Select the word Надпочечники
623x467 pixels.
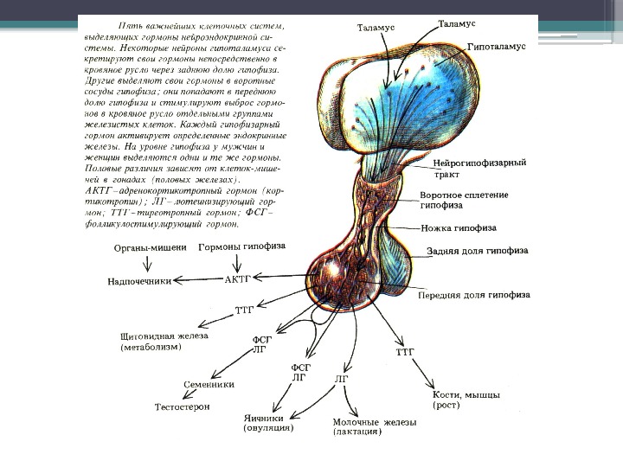pos(138,280)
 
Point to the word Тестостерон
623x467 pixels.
pos(183,406)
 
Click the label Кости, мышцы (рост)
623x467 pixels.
pos(466,399)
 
